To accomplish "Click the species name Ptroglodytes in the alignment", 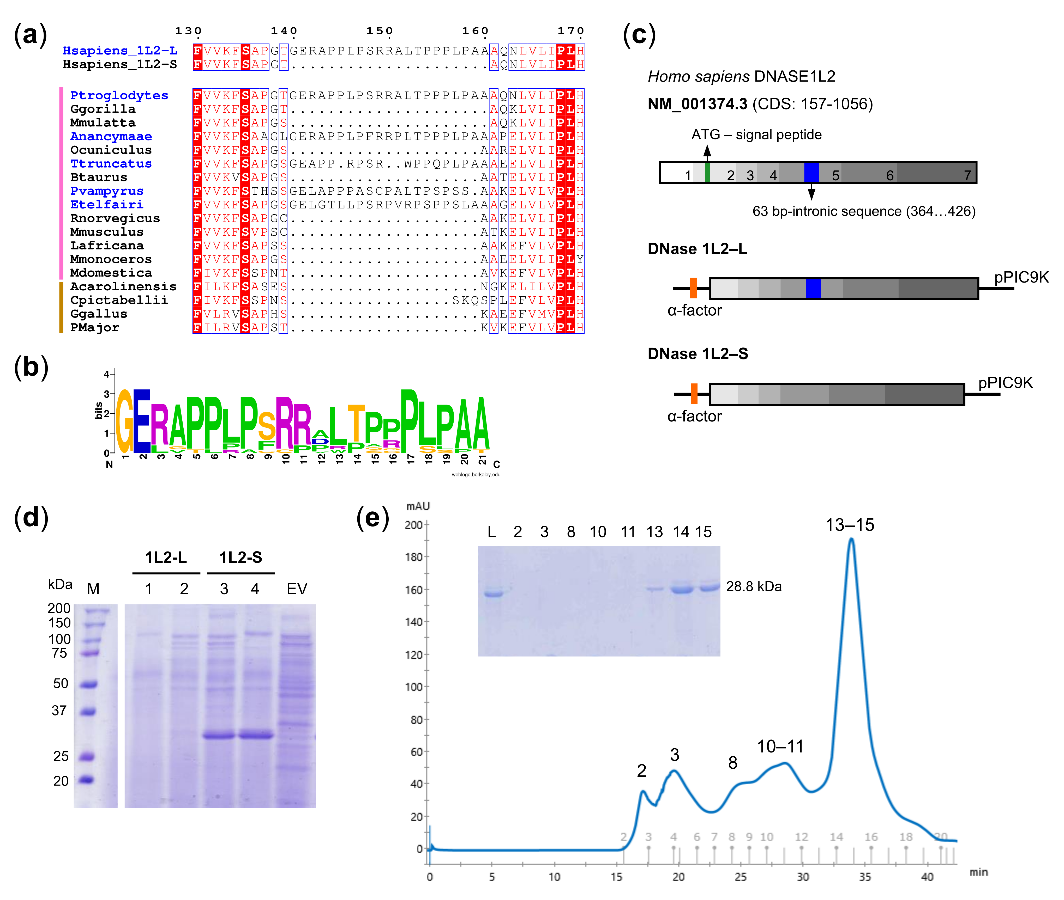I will (119, 95).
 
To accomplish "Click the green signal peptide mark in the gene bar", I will (707, 173).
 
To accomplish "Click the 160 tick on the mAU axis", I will (413, 590).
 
